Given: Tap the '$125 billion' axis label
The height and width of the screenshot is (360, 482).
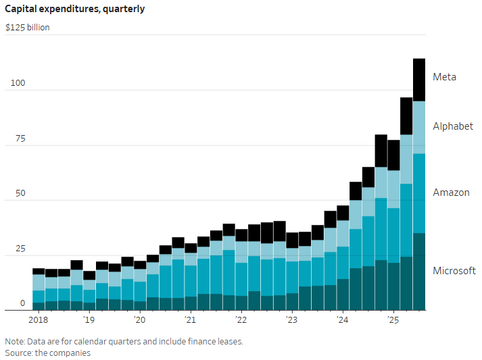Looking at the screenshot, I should pyautogui.click(x=27, y=28).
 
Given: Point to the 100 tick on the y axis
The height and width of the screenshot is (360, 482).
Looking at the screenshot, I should pyautogui.click(x=17, y=84).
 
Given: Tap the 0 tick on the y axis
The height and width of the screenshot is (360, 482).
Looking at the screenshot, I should pyautogui.click(x=22, y=304).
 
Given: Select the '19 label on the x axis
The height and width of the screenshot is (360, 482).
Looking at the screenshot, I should pyautogui.click(x=89, y=319).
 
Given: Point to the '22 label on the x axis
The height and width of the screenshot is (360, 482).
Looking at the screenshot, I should pyautogui.click(x=241, y=319).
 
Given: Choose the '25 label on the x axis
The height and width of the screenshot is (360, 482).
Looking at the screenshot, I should pyautogui.click(x=393, y=319).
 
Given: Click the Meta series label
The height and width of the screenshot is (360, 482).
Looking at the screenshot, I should pyautogui.click(x=444, y=77).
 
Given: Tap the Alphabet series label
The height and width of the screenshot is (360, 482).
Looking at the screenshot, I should pyautogui.click(x=453, y=126).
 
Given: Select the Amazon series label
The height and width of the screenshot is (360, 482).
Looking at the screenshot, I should pyautogui.click(x=451, y=192).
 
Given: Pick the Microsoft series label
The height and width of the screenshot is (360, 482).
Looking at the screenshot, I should pyautogui.click(x=454, y=271).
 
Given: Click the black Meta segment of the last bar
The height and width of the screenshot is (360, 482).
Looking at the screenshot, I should pyautogui.click(x=419, y=80).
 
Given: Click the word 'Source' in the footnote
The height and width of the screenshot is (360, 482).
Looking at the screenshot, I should pyautogui.click(x=20, y=353).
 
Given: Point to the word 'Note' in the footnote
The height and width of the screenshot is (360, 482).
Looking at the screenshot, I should pyautogui.click(x=15, y=341).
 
